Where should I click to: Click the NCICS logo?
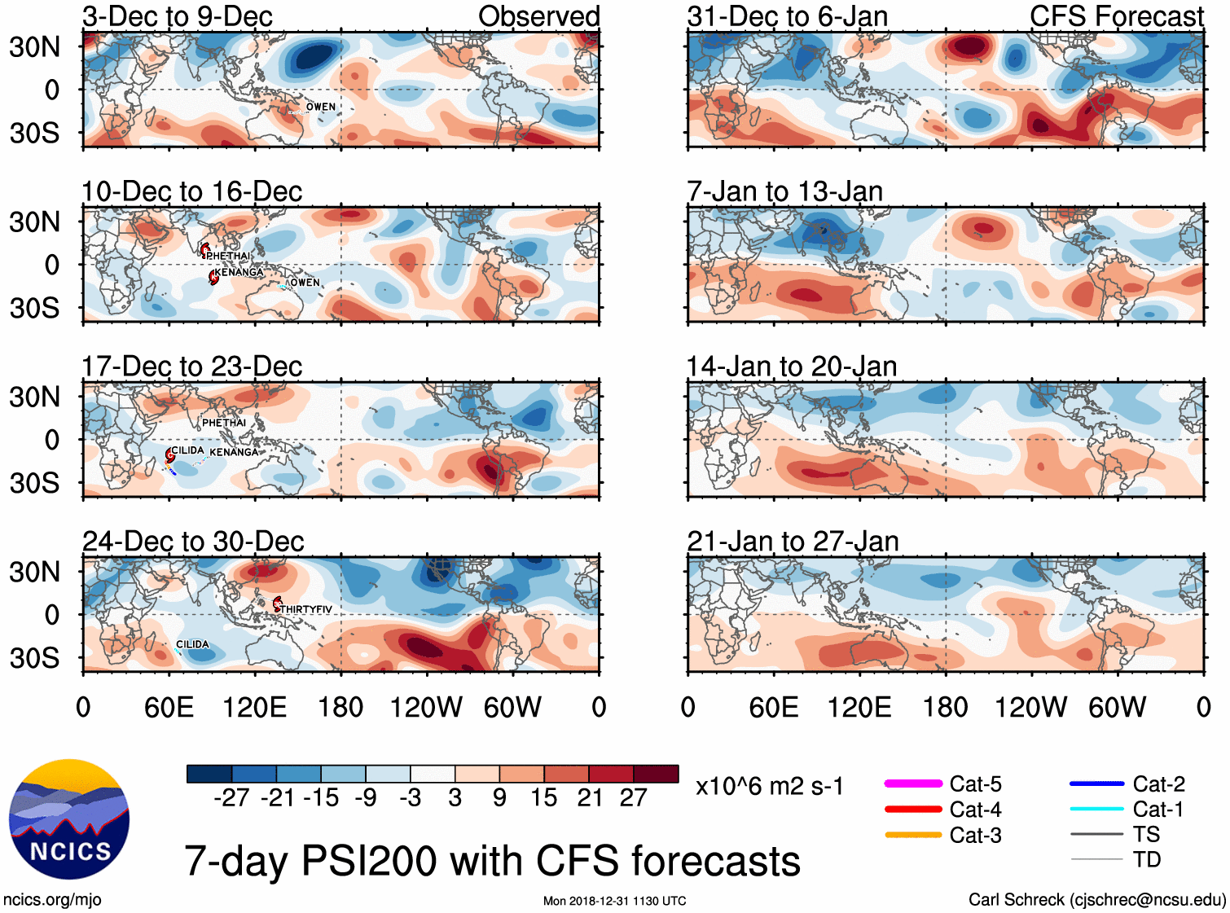click(x=69, y=819)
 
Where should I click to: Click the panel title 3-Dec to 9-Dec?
click(x=177, y=16)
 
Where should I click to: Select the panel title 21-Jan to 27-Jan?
click(x=793, y=541)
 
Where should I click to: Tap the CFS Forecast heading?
click(x=1116, y=16)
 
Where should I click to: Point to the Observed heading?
click(x=538, y=16)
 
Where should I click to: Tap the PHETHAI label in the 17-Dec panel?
click(x=224, y=423)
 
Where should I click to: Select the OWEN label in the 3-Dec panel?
click(x=321, y=107)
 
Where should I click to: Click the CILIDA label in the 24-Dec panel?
click(x=192, y=644)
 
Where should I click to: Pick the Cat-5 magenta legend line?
click(x=913, y=784)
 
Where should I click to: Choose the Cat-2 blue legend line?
click(x=1096, y=784)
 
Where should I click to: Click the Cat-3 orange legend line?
click(x=913, y=835)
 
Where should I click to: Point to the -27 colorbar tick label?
click(x=231, y=797)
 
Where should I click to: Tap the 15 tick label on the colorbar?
click(x=544, y=797)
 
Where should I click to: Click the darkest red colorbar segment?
click(x=656, y=774)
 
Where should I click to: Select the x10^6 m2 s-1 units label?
click(x=769, y=786)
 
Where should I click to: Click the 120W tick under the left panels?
click(x=426, y=707)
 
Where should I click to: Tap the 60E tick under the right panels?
click(x=774, y=707)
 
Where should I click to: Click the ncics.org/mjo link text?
click(x=52, y=899)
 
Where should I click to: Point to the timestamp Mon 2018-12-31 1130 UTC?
click(x=614, y=901)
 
